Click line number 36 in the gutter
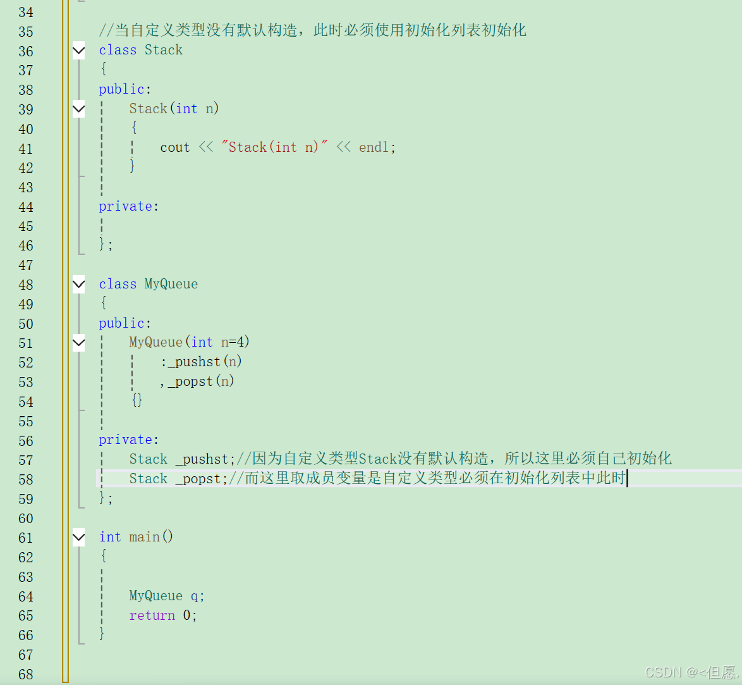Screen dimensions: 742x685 coord(26,51)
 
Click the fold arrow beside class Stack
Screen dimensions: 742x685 coord(78,51)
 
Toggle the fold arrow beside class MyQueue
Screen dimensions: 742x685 coord(78,285)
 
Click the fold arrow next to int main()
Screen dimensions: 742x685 coord(78,538)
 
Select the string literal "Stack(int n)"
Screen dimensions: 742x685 coord(274,147)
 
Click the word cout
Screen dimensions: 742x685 coord(174,147)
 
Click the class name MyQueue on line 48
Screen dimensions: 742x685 coord(171,284)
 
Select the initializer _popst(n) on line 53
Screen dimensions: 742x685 coord(201,381)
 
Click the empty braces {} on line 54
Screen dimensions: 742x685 coord(137,400)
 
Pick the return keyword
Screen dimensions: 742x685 coord(152,615)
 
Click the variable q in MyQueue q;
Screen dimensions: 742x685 coord(195,596)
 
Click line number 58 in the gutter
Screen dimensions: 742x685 coord(26,479)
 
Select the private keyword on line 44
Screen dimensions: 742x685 coord(125,206)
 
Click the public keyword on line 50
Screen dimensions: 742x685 coord(121,323)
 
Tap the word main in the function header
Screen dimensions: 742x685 coord(145,537)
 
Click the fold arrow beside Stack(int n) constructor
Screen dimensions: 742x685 coord(78,109)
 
